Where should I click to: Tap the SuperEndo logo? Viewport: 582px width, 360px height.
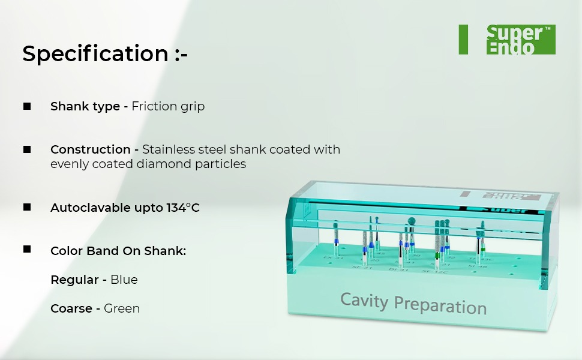pyautogui.click(x=520, y=40)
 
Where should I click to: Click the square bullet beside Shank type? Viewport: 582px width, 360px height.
pyautogui.click(x=27, y=106)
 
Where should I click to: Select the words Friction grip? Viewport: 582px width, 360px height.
pyautogui.click(x=168, y=107)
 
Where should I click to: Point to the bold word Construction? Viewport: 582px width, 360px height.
pyautogui.click(x=90, y=149)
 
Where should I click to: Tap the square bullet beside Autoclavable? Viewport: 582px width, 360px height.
pyautogui.click(x=27, y=207)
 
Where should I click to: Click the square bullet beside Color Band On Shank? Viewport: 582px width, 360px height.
pyautogui.click(x=27, y=249)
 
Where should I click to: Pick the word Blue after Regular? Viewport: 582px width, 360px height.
pyautogui.click(x=124, y=280)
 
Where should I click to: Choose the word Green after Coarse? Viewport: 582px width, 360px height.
pyautogui.click(x=122, y=308)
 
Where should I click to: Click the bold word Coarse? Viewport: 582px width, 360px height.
pyautogui.click(x=71, y=308)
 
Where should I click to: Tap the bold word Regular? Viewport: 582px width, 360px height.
pyautogui.click(x=74, y=280)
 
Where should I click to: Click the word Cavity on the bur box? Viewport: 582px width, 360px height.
pyautogui.click(x=365, y=299)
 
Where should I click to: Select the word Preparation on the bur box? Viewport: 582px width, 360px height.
pyautogui.click(x=440, y=305)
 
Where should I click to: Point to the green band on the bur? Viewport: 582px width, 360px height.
pyautogui.click(x=438, y=255)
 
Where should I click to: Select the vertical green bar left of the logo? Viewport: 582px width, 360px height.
pyautogui.click(x=463, y=40)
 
